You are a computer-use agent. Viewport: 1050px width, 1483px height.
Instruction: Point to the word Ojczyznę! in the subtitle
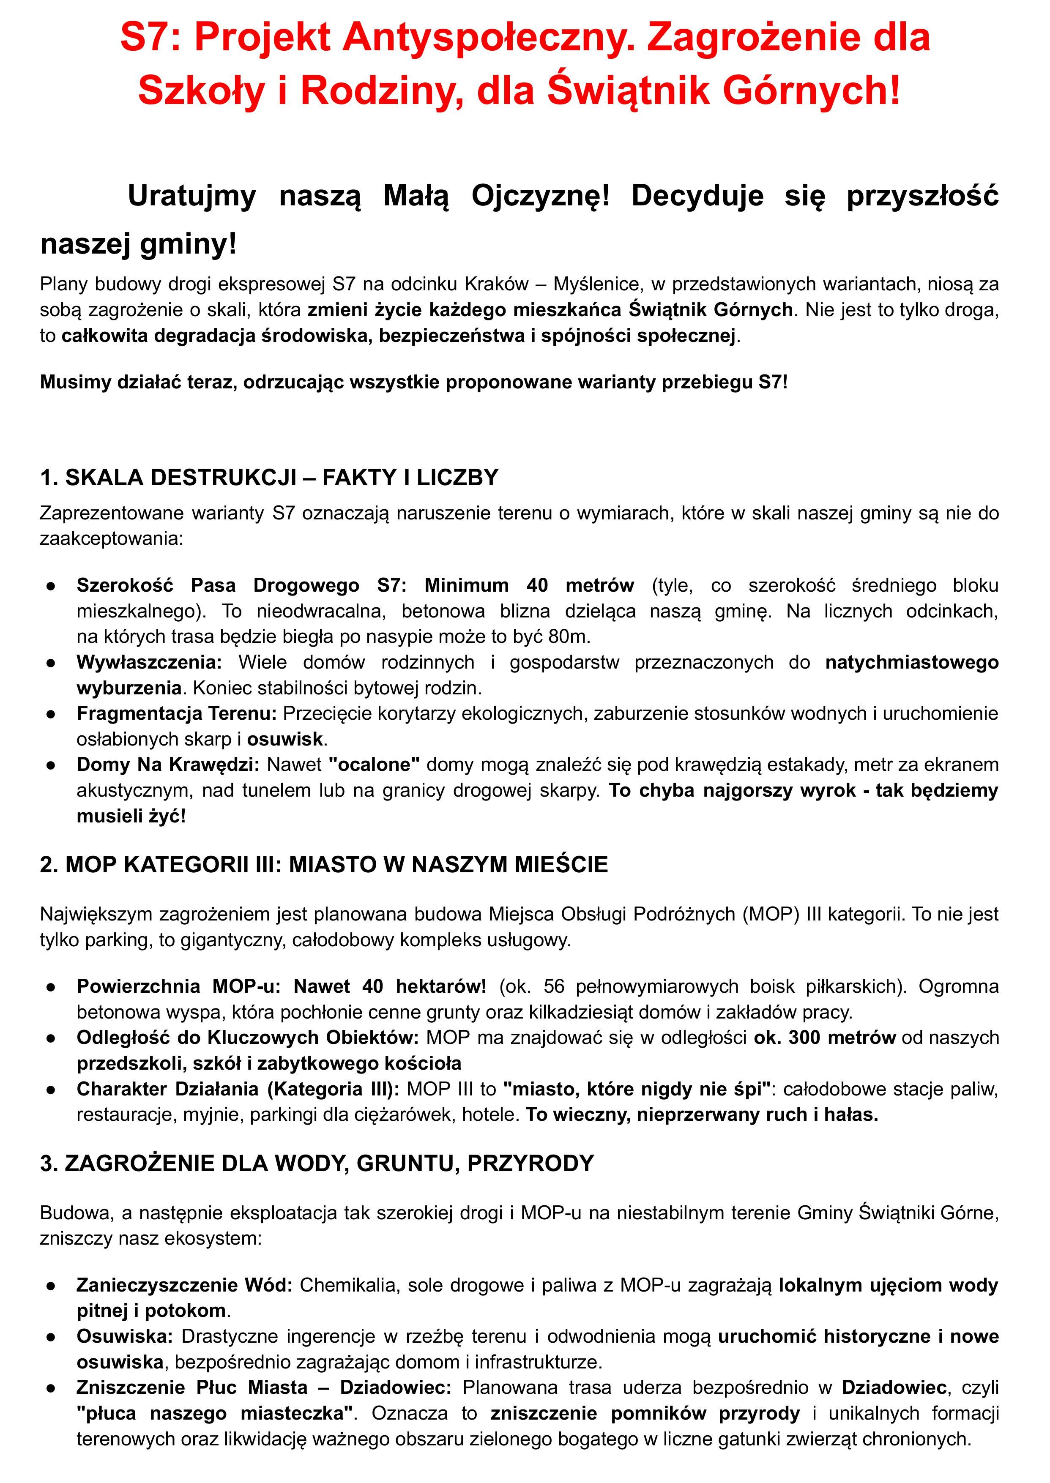(x=541, y=195)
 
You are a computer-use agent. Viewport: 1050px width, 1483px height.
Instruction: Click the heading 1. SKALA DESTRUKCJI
(x=269, y=477)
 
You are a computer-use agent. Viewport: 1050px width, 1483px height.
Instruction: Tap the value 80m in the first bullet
(x=568, y=637)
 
